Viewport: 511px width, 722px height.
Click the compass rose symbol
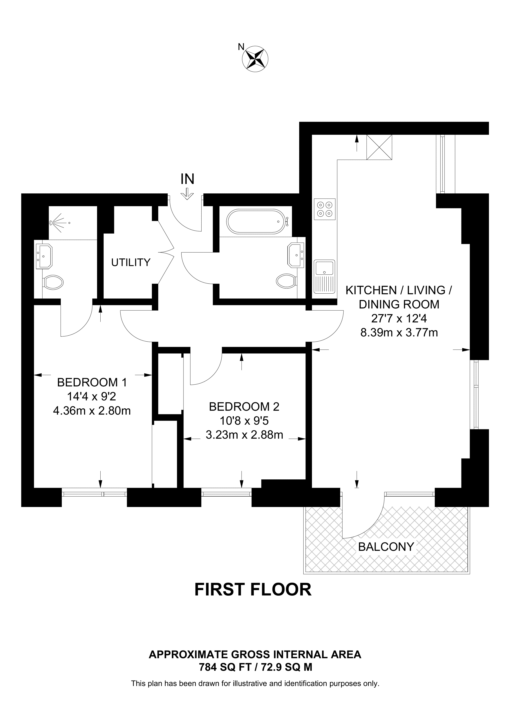click(x=255, y=58)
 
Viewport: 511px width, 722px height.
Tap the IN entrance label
click(x=187, y=179)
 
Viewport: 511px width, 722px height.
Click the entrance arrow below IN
click(x=187, y=194)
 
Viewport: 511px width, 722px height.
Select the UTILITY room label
click(x=131, y=262)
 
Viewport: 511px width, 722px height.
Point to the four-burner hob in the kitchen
click(x=325, y=209)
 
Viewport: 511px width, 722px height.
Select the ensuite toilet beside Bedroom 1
click(x=53, y=283)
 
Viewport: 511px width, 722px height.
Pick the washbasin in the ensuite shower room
click(x=44, y=256)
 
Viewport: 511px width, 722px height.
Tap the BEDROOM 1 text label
click(x=92, y=382)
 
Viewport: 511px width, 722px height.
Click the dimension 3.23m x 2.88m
click(x=244, y=435)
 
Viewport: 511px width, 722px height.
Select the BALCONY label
click(x=386, y=547)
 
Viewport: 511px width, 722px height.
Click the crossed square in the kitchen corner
click(x=379, y=147)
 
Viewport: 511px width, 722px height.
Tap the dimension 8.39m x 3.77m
click(x=399, y=332)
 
